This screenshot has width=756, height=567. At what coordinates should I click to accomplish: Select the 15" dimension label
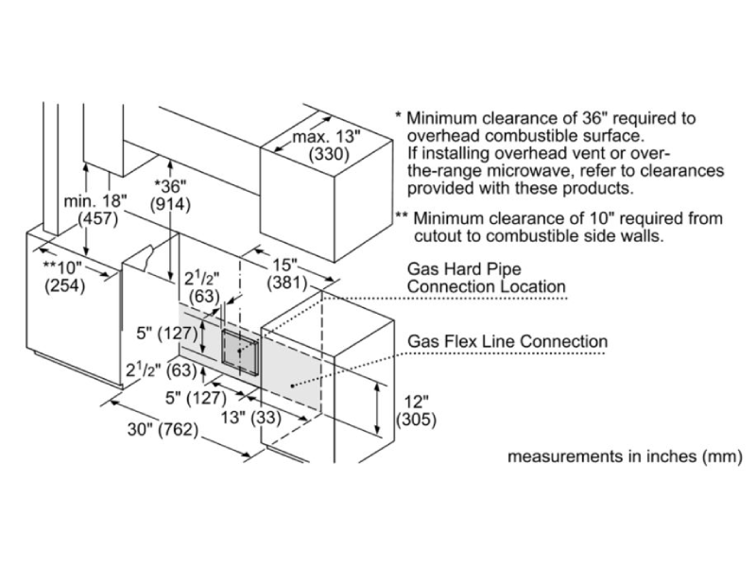(x=281, y=265)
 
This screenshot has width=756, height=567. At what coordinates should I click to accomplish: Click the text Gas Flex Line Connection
(x=507, y=340)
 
